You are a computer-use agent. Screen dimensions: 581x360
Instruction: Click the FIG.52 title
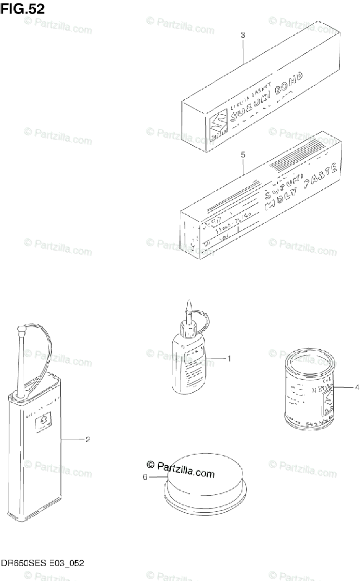click(x=23, y=9)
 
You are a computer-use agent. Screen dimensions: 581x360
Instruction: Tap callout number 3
click(x=243, y=35)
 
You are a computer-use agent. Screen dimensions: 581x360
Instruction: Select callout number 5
click(x=243, y=155)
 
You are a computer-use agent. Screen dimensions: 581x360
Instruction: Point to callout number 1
click(x=229, y=359)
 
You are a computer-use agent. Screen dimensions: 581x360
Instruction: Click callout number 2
click(x=88, y=440)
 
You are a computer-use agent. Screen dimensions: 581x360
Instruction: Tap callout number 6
click(x=145, y=477)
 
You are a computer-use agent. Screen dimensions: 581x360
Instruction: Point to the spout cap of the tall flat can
click(x=20, y=333)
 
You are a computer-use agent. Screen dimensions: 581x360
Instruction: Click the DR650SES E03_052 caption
click(x=43, y=563)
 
